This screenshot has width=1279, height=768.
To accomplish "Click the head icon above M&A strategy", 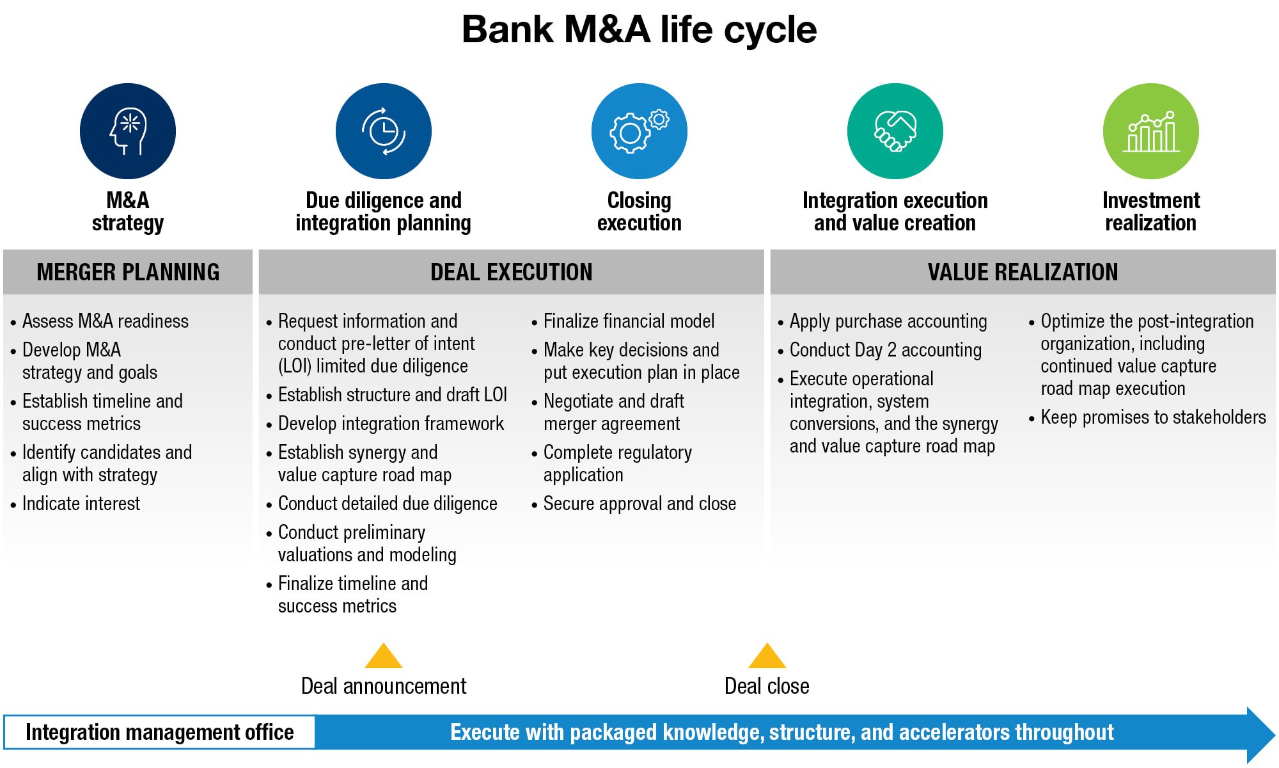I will [128, 131].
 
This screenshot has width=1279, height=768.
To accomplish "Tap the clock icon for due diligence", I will [384, 131].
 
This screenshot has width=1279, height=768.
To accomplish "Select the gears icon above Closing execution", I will [639, 131].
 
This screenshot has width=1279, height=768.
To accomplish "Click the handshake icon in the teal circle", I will [895, 131].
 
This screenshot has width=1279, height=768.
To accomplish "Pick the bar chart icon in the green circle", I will [1151, 131].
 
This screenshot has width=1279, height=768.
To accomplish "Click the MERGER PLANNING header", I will [128, 272].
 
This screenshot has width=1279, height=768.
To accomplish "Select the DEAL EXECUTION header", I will [512, 272].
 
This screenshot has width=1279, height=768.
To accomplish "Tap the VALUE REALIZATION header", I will [1023, 272].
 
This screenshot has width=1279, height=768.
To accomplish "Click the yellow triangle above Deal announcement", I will [384, 657].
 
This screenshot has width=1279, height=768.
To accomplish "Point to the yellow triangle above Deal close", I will [767, 657].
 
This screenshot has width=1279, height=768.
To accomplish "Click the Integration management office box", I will [159, 732].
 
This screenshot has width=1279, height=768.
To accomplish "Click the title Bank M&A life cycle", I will [639, 29].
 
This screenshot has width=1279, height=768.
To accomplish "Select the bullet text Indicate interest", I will [81, 504].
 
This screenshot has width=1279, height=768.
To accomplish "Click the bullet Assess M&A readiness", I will [106, 321].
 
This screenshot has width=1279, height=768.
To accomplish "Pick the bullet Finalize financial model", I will [629, 321].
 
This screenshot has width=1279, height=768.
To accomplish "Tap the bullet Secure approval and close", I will [639, 504].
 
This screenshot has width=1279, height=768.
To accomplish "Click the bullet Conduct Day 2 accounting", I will [885, 350].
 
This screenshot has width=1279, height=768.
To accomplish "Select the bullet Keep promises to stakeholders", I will [1153, 417].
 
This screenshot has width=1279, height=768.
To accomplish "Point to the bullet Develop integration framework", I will [391, 424].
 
